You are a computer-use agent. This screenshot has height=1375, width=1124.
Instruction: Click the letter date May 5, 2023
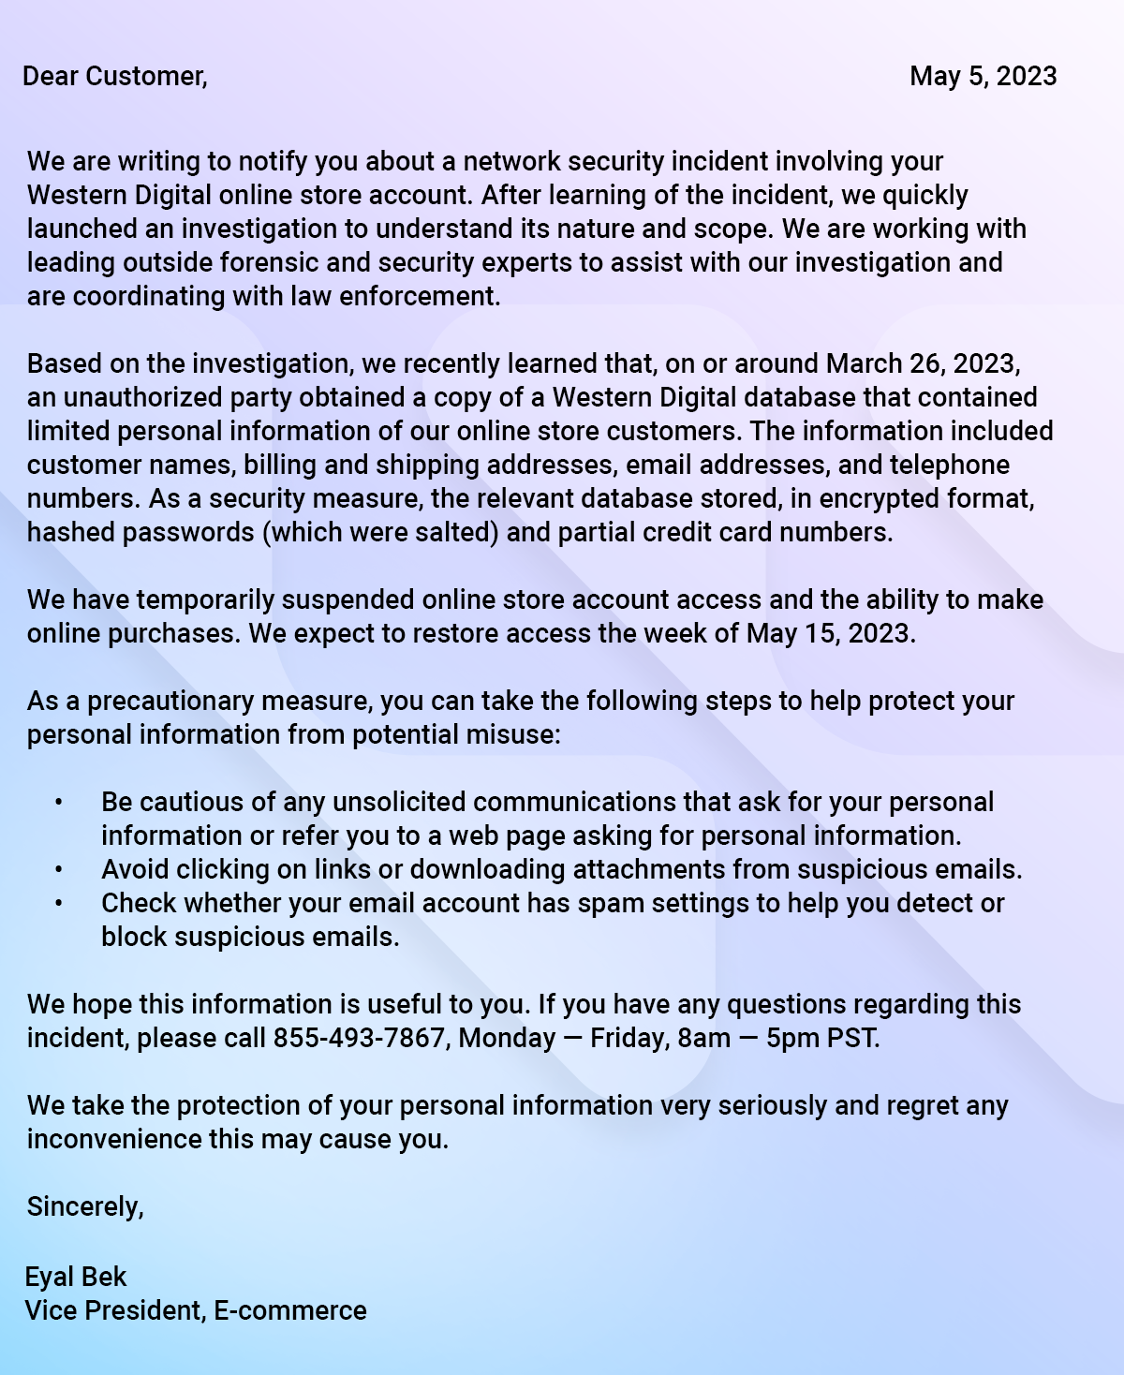tap(983, 76)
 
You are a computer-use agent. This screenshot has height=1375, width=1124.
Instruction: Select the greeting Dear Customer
tap(114, 76)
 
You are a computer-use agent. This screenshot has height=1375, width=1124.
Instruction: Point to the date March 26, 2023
tap(923, 363)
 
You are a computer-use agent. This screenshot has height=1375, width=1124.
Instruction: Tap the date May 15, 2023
tap(829, 633)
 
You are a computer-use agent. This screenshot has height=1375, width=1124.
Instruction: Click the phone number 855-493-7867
tap(359, 1038)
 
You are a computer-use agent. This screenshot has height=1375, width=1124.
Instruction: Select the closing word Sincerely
tap(85, 1206)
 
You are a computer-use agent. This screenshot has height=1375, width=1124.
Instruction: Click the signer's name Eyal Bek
tap(76, 1277)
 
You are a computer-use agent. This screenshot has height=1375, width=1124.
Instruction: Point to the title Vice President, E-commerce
tap(196, 1310)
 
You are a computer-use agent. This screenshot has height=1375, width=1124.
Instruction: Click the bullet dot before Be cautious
tap(58, 803)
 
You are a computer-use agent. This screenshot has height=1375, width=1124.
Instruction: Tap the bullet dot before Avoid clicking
tap(58, 870)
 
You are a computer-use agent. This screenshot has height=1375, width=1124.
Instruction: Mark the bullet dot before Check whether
tap(58, 904)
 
